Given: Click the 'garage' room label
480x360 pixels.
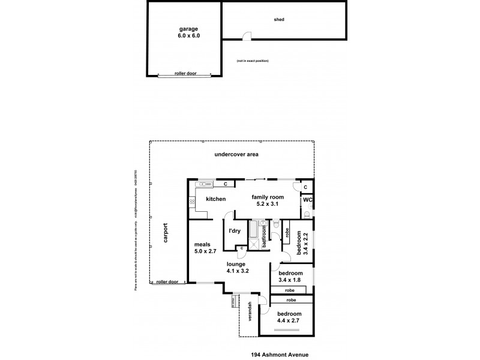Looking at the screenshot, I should coord(188,29).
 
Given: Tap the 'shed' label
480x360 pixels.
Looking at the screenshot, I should coord(278,19).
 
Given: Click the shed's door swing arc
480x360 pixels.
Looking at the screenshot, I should coord(247,36).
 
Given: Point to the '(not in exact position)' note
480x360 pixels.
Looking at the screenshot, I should coord(253,61).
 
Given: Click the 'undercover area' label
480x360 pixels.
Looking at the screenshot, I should coord(236,155).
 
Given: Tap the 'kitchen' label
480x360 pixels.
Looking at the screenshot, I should coord(215,198).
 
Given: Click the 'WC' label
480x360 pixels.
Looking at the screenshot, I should coord(307,200).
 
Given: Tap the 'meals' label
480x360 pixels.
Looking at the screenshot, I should coord(200,244).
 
